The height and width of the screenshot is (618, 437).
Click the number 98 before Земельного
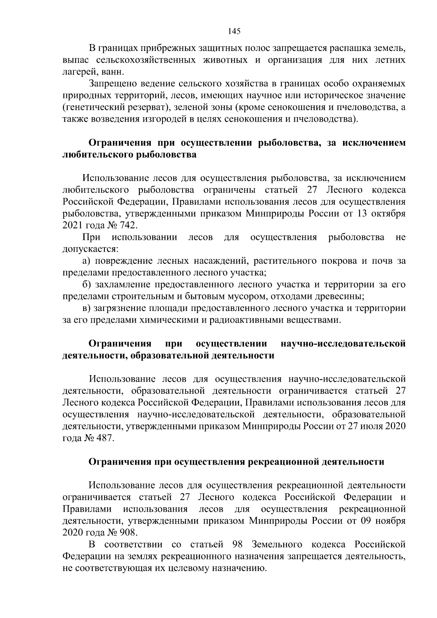pyautogui.click(x=238, y=545)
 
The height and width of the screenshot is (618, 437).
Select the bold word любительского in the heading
pyautogui.click(x=97, y=155)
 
